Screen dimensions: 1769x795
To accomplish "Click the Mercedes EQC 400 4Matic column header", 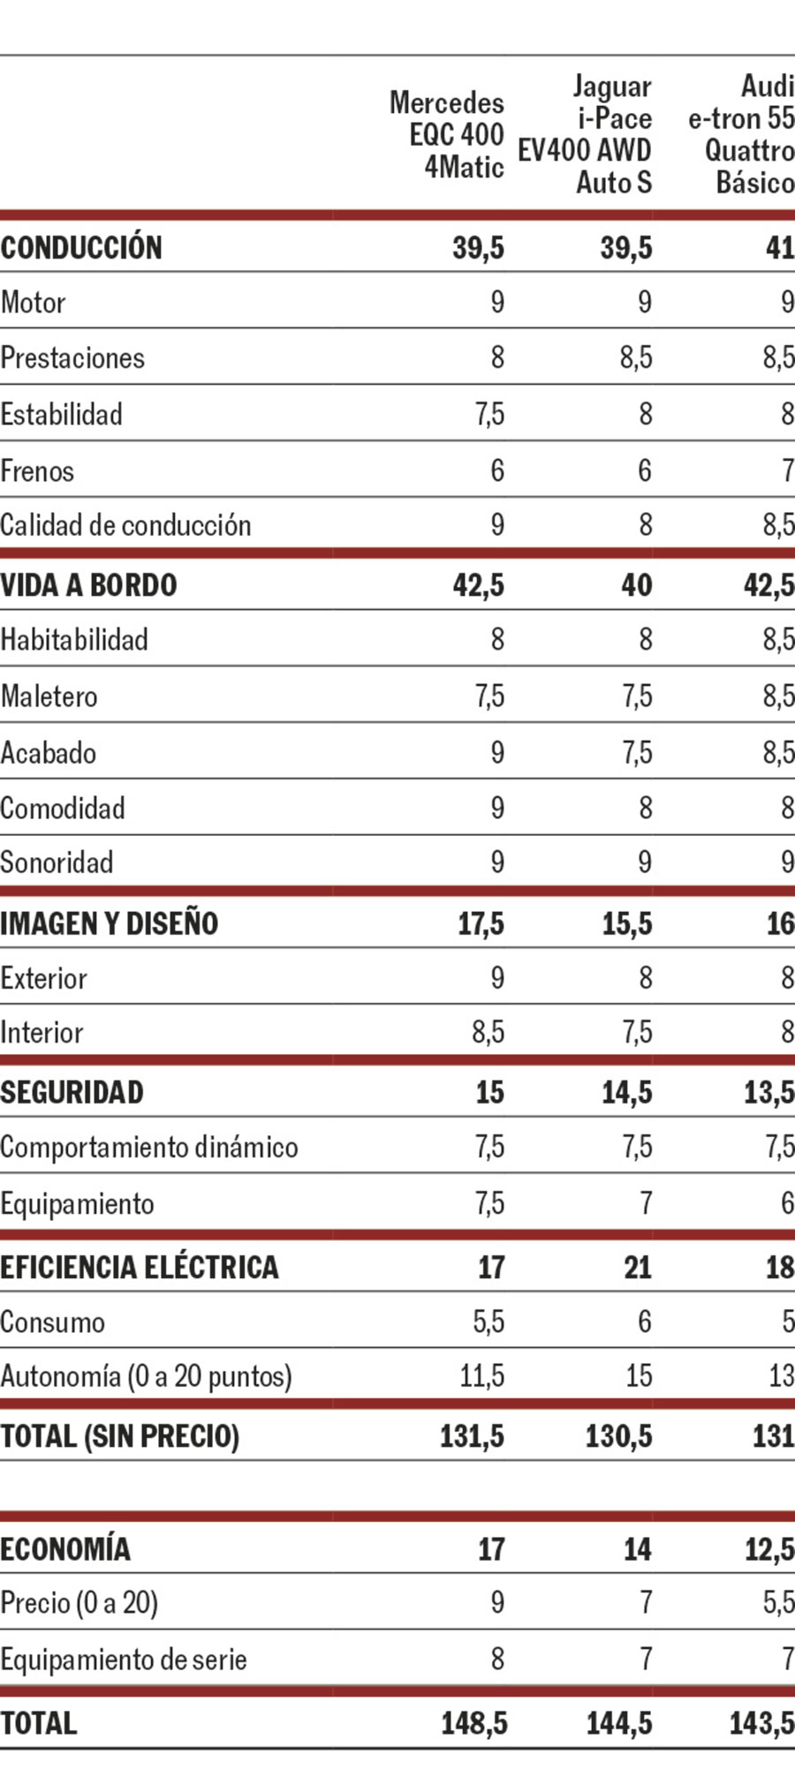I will [447, 134].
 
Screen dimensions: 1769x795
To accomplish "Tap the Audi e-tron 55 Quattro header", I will [742, 134].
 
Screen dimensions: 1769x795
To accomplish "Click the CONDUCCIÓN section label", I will [81, 248].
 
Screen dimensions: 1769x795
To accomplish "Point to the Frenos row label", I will [37, 470].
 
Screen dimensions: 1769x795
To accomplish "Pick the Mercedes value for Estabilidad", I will [489, 414].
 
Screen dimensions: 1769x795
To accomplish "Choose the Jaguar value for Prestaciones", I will [635, 358].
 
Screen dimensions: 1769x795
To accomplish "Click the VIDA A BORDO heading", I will [88, 585].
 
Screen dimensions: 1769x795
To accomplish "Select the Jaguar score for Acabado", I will [637, 753].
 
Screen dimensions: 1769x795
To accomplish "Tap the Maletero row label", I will [49, 696].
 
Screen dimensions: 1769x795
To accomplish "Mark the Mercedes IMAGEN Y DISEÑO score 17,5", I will [481, 924].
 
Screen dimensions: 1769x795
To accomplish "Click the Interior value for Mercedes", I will [488, 1033].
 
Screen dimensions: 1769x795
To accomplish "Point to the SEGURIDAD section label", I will [72, 1093].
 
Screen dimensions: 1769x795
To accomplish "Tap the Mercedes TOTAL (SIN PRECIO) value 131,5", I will [472, 1437].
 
